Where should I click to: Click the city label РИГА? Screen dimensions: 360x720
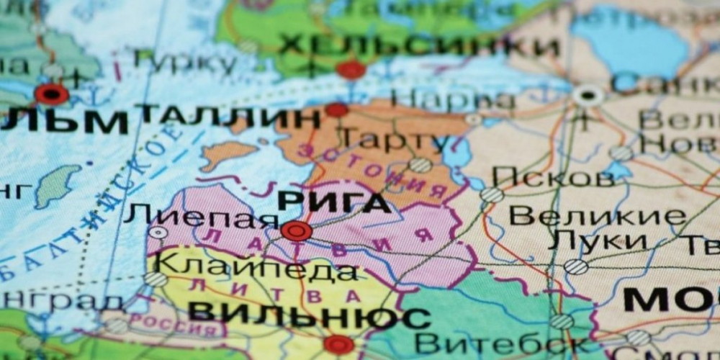(334, 202)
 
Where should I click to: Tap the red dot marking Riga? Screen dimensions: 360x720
(296, 231)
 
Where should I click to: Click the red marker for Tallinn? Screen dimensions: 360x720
(336, 109)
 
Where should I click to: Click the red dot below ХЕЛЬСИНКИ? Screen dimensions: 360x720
(351, 70)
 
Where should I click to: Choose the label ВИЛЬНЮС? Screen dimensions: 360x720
(309, 315)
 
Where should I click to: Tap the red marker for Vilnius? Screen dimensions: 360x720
(338, 344)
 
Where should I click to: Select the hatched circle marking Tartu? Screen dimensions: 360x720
(421, 165)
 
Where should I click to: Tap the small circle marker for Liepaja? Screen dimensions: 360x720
(158, 233)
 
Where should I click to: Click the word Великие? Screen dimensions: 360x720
(597, 215)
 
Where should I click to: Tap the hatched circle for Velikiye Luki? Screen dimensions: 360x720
(575, 266)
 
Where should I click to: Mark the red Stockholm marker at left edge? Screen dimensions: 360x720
(52, 94)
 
